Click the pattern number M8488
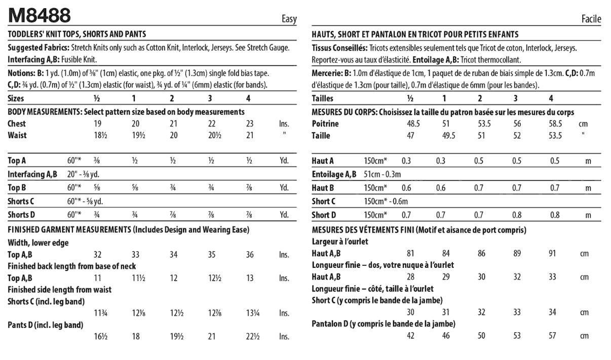tap(40, 16)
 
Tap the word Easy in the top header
tap(289, 20)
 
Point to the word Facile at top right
tap(591, 20)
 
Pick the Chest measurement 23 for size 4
tap(249, 124)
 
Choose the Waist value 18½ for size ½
tap(98, 135)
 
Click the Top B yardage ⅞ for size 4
tap(249, 188)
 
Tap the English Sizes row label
tap(16, 98)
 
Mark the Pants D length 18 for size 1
tap(136, 336)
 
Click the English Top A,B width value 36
tap(250, 255)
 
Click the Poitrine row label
tap(325, 124)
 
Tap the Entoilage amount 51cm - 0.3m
tap(382, 175)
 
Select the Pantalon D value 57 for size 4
tap(552, 335)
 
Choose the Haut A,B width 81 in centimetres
tap(411, 253)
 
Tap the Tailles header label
tap(323, 99)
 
